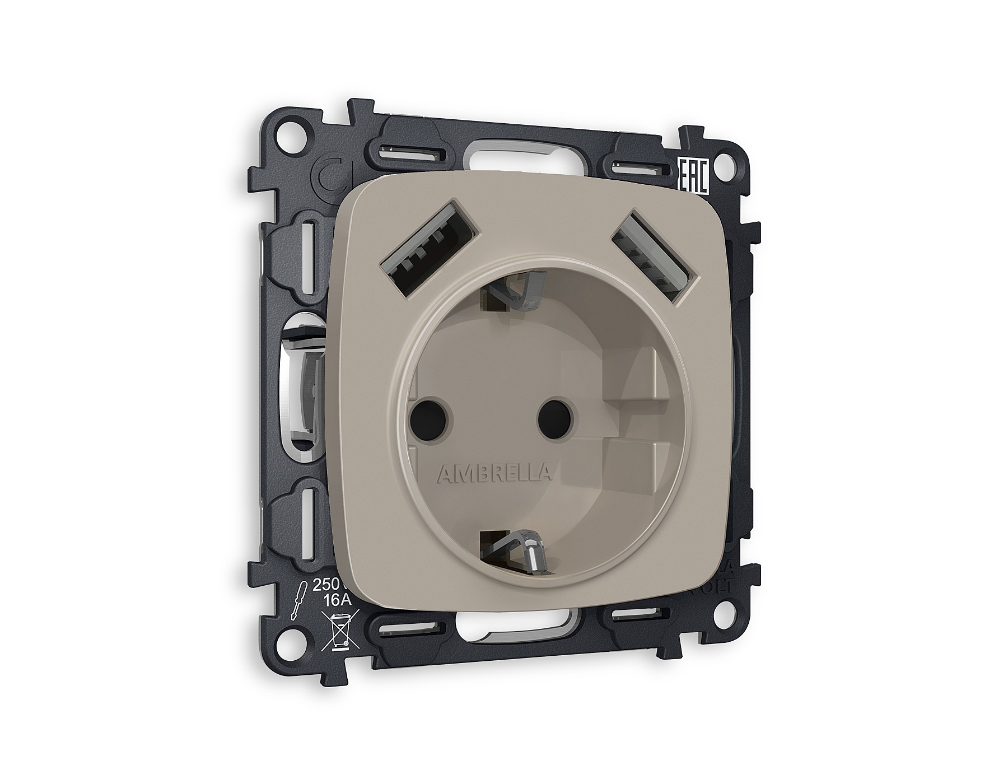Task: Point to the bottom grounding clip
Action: click(x=515, y=552)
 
